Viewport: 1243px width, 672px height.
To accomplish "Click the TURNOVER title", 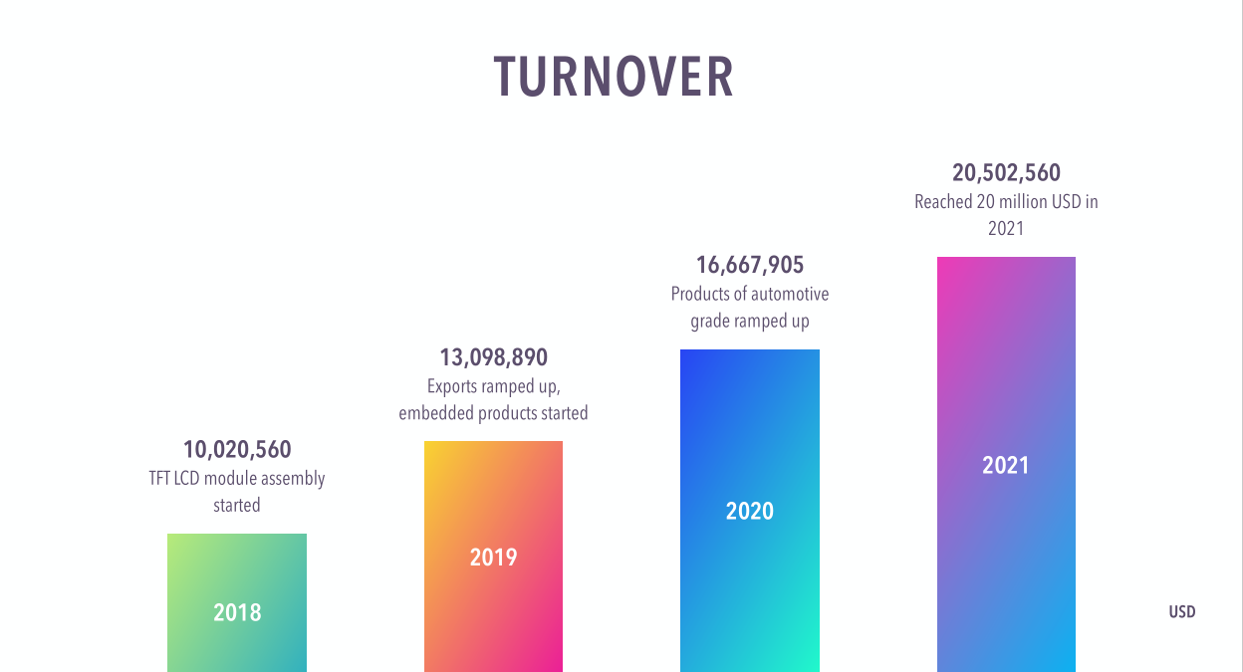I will (x=614, y=77).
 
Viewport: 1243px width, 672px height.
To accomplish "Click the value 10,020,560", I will (x=237, y=450).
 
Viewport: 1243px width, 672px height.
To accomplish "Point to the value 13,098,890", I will (x=493, y=357).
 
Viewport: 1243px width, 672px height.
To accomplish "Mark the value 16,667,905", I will (x=749, y=265).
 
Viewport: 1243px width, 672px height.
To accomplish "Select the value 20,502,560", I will (x=1006, y=173).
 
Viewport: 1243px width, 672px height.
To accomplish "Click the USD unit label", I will (x=1181, y=612).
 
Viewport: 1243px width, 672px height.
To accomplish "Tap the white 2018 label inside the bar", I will (x=237, y=611).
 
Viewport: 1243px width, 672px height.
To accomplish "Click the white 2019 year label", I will (x=493, y=557).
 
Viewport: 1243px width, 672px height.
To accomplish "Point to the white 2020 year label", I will (x=749, y=511).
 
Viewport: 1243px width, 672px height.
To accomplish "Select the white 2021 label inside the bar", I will (x=1006, y=465).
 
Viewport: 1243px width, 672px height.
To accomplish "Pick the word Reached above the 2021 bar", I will (x=943, y=202).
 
